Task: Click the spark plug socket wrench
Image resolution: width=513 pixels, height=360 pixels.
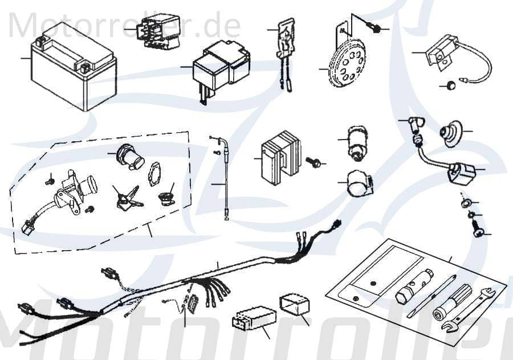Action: (416, 285)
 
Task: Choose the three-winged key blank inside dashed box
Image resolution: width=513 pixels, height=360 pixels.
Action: (126, 195)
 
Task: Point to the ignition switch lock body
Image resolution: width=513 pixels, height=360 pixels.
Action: (71, 187)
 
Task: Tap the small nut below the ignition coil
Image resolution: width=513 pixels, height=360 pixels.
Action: (451, 86)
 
